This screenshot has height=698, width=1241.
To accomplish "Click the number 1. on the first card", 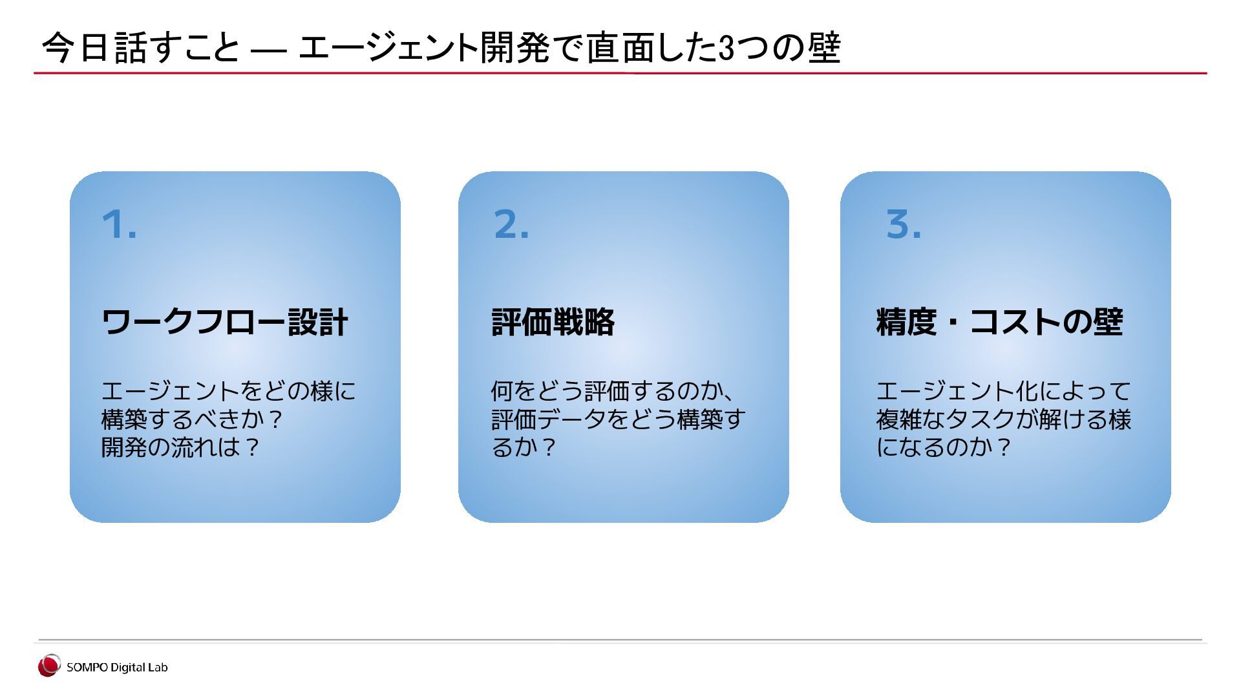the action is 119,224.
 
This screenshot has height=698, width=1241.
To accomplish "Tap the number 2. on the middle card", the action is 511,224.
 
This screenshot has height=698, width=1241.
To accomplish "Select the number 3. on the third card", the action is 903,224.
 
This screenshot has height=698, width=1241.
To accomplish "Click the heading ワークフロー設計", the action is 225,322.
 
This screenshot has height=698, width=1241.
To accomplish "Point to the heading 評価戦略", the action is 553,322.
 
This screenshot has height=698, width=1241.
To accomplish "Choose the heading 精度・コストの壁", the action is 999,322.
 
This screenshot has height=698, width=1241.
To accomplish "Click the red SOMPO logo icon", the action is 48,666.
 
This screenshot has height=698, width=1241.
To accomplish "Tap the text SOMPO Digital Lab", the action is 117,668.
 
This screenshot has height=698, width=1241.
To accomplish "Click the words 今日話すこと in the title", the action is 140,48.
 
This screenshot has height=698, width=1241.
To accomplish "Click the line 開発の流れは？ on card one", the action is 180,447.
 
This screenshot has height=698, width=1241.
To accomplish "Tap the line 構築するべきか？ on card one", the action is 192,419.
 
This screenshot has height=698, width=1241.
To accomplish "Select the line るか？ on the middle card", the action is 524,447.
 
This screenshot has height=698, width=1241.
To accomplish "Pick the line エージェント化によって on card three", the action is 1003,390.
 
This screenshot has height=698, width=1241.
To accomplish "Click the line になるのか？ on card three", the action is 943,447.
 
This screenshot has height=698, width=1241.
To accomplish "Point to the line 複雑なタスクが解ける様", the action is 1003,419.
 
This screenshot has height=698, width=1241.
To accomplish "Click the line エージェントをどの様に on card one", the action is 228,390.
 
